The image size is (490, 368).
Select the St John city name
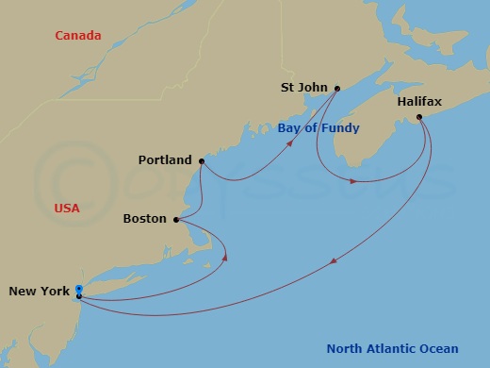click(x=303, y=88)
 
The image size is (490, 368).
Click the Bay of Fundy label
click(x=318, y=127)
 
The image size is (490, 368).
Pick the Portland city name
click(x=164, y=160)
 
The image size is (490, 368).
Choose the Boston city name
click(x=145, y=219)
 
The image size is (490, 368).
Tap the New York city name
click(x=39, y=292)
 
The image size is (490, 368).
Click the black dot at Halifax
click(x=419, y=118)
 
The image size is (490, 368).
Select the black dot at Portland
click(x=201, y=161)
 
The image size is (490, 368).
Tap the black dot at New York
click(x=79, y=296)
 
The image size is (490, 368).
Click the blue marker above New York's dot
click(x=79, y=289)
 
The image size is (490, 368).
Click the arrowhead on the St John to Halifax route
click(x=353, y=179)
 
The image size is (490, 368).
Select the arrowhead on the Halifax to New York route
click(x=336, y=261)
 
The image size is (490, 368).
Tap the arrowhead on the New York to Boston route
click(x=225, y=255)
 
